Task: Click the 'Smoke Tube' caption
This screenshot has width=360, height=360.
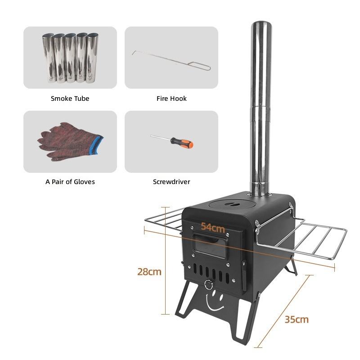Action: pyautogui.click(x=70, y=99)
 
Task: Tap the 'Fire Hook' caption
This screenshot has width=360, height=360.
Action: pyautogui.click(x=171, y=99)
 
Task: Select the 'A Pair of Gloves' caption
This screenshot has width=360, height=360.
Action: pyautogui.click(x=70, y=182)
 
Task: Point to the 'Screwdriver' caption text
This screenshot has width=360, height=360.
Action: pyautogui.click(x=171, y=182)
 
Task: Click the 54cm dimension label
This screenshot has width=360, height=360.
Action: pyautogui.click(x=213, y=227)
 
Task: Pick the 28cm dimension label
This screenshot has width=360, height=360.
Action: pyautogui.click(x=149, y=272)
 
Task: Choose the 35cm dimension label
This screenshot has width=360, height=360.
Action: pyautogui.click(x=297, y=319)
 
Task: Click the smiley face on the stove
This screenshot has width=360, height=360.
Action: pyautogui.click(x=215, y=301)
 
